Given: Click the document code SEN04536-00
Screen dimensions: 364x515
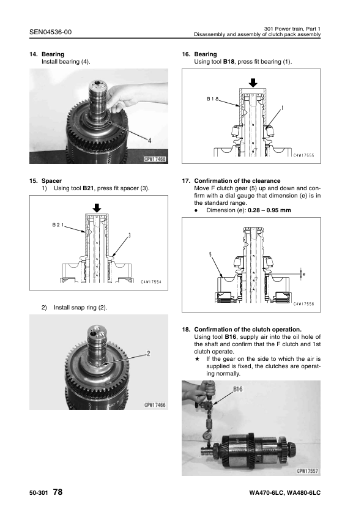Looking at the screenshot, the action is point(50,32).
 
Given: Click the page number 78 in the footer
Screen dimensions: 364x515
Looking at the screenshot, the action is point(58,492).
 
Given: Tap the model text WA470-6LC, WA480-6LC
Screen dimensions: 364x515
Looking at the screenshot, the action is point(285,492).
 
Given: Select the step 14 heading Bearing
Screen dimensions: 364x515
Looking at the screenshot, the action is point(53,54).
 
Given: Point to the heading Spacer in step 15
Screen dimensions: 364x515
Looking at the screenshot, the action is point(51,180).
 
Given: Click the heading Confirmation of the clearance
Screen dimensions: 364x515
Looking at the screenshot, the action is point(237,180).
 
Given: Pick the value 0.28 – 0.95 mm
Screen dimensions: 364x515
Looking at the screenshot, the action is point(269,210).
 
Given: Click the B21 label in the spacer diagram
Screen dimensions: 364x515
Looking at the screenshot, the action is point(58,225).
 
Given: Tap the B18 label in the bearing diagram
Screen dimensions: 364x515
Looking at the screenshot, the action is point(212,98).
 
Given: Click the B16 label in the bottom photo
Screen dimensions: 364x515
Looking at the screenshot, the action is point(238,389).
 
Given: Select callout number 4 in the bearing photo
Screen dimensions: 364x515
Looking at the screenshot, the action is point(149,141).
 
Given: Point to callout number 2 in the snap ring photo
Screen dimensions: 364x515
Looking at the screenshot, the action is point(149,354).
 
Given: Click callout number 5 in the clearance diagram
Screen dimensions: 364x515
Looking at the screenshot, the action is point(210,254).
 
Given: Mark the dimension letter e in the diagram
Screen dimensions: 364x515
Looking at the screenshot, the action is point(303,274).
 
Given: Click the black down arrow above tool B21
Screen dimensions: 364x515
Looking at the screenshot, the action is point(97,207).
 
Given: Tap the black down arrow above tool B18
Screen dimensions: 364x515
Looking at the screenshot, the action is point(253,83).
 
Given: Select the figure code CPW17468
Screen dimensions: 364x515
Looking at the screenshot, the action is point(155,159).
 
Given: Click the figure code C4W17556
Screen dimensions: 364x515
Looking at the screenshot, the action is point(304,304).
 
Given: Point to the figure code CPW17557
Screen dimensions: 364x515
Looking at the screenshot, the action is point(308,471).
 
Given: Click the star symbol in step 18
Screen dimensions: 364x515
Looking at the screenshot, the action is point(197,359).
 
